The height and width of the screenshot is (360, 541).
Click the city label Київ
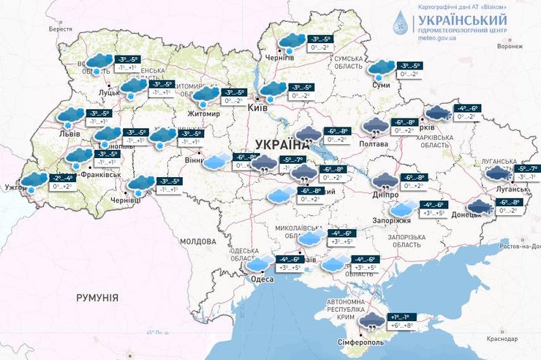(x=257, y=108)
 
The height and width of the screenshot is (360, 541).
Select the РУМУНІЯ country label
(x=97, y=298)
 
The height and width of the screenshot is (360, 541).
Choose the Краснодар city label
(x=503, y=338)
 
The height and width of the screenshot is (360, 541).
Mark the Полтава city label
(x=375, y=145)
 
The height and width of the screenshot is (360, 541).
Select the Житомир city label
(x=204, y=114)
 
